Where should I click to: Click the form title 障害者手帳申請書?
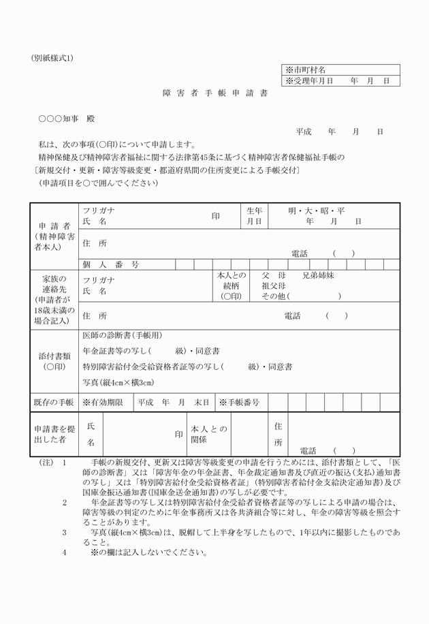[214, 93]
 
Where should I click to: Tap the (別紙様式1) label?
[52, 57]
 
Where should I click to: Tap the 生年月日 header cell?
[254, 216]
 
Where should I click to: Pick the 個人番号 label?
[111, 264]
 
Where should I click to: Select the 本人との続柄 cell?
[232, 286]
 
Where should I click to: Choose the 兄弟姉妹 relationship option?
[319, 276]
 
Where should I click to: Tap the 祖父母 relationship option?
[273, 286]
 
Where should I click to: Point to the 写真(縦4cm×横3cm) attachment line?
[118, 382]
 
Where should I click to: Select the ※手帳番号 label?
[239, 403]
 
